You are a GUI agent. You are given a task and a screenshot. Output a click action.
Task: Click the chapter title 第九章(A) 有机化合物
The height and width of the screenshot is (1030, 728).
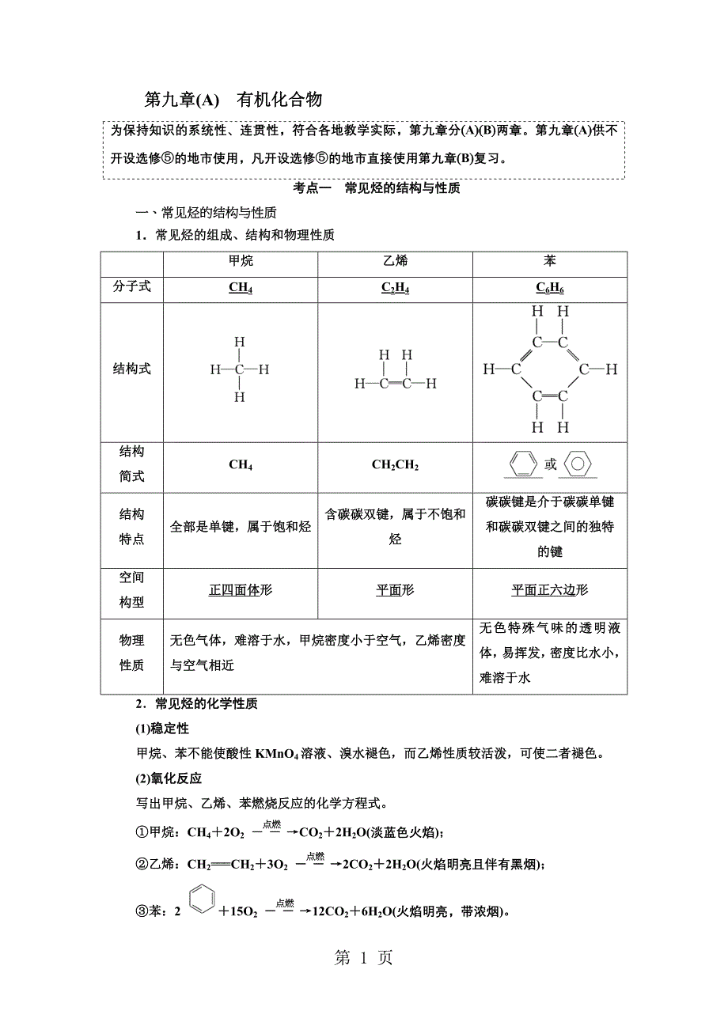233,100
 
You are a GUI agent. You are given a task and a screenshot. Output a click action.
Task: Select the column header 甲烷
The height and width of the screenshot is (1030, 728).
241,261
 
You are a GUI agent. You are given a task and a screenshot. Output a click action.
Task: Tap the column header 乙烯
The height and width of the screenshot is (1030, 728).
395,261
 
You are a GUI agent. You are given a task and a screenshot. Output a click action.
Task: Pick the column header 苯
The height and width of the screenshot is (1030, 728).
550,261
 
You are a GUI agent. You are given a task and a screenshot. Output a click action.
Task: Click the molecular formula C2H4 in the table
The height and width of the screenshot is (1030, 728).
395,289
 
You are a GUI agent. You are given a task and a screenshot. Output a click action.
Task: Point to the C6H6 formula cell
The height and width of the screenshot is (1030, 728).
550,289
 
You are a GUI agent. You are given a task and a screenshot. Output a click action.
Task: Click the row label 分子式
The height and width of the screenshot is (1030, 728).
131,287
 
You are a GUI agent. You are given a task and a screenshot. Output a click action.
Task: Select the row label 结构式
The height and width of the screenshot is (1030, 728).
131,369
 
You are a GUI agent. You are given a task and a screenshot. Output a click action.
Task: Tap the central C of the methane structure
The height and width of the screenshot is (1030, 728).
240,369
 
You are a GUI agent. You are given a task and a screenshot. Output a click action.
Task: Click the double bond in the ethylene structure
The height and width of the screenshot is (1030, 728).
395,384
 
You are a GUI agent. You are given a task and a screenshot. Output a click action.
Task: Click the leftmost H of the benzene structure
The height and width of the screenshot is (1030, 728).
488,369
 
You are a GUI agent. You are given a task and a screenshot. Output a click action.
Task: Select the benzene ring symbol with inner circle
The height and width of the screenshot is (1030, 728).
579,464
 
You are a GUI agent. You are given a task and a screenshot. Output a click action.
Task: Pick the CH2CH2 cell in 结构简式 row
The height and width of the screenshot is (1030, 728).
395,464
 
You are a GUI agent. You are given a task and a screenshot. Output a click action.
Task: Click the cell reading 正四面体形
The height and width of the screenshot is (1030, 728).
241,590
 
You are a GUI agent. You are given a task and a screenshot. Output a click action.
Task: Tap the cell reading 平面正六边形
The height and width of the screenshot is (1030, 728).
550,590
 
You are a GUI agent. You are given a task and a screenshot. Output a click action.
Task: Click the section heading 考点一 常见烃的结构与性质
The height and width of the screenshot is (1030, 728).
366,188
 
